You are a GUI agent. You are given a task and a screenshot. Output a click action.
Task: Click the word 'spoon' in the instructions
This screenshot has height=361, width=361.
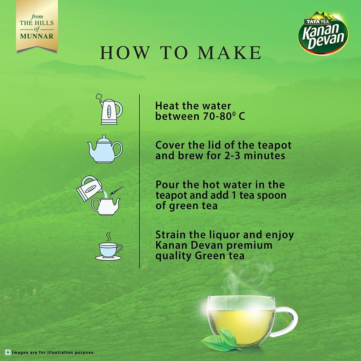coord(272,195)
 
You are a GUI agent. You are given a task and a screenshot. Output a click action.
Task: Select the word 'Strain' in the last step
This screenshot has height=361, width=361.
coord(171,235)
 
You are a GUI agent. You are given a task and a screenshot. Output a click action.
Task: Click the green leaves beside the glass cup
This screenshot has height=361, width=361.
coord(220,339)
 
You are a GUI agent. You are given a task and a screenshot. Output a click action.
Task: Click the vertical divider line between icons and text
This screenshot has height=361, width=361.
coord(139,180)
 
